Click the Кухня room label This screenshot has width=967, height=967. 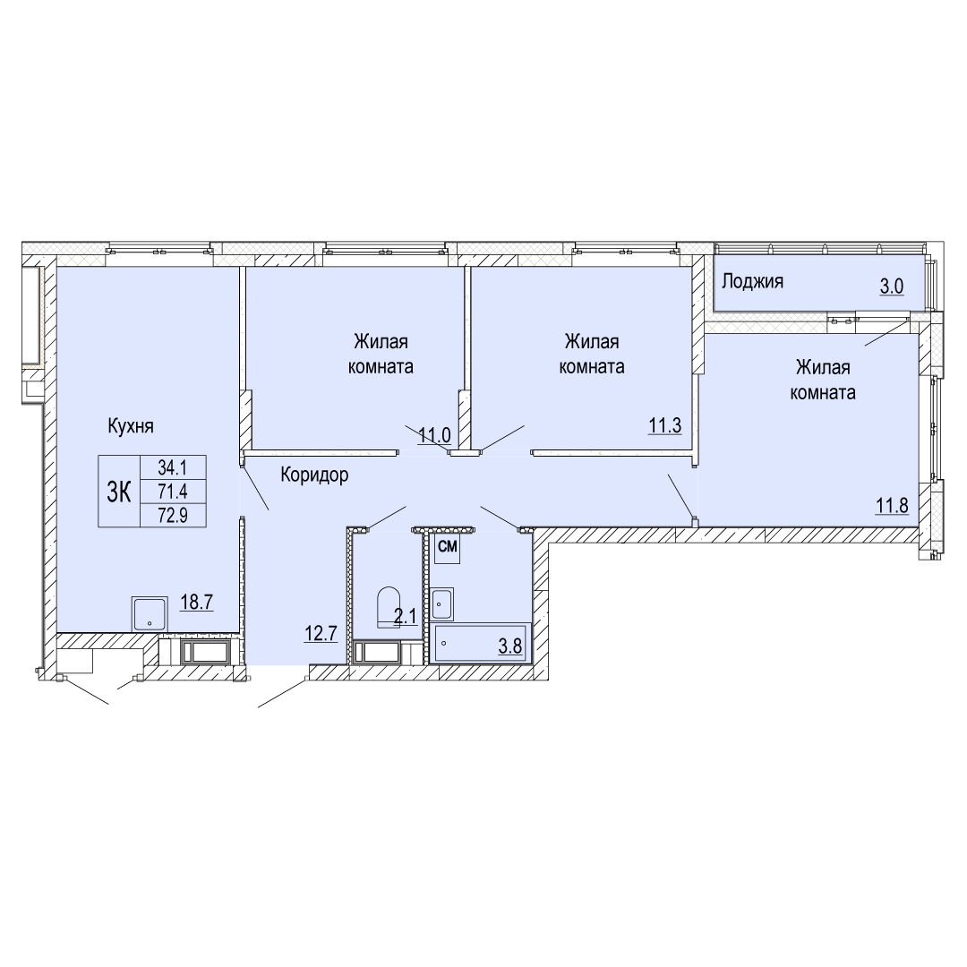coord(130,426)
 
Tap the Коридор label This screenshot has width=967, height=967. coord(314,475)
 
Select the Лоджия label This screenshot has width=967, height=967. coord(752,282)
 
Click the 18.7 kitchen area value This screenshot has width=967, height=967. coord(197,602)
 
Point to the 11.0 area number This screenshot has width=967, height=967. coord(435,435)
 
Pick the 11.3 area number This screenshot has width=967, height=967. coord(664,425)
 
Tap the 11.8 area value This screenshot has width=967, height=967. coord(893,506)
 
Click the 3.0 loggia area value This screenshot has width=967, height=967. coord(892,287)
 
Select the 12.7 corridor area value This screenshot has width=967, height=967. coord(321,633)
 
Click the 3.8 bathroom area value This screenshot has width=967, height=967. coord(510,646)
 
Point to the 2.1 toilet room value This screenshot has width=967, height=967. coord(406,617)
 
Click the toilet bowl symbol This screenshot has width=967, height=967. coord(389,606)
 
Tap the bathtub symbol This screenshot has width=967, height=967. coord(481,644)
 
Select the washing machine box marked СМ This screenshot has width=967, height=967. coord(447,549)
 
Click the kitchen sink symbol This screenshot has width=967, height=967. coord(150,613)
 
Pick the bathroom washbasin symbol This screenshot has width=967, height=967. coord(442,603)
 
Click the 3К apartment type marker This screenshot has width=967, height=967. coord(119,492)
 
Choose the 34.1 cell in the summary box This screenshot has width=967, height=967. coord(173,468)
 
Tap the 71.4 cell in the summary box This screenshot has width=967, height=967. coord(173,492)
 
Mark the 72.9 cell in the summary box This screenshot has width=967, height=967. coord(173,515)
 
